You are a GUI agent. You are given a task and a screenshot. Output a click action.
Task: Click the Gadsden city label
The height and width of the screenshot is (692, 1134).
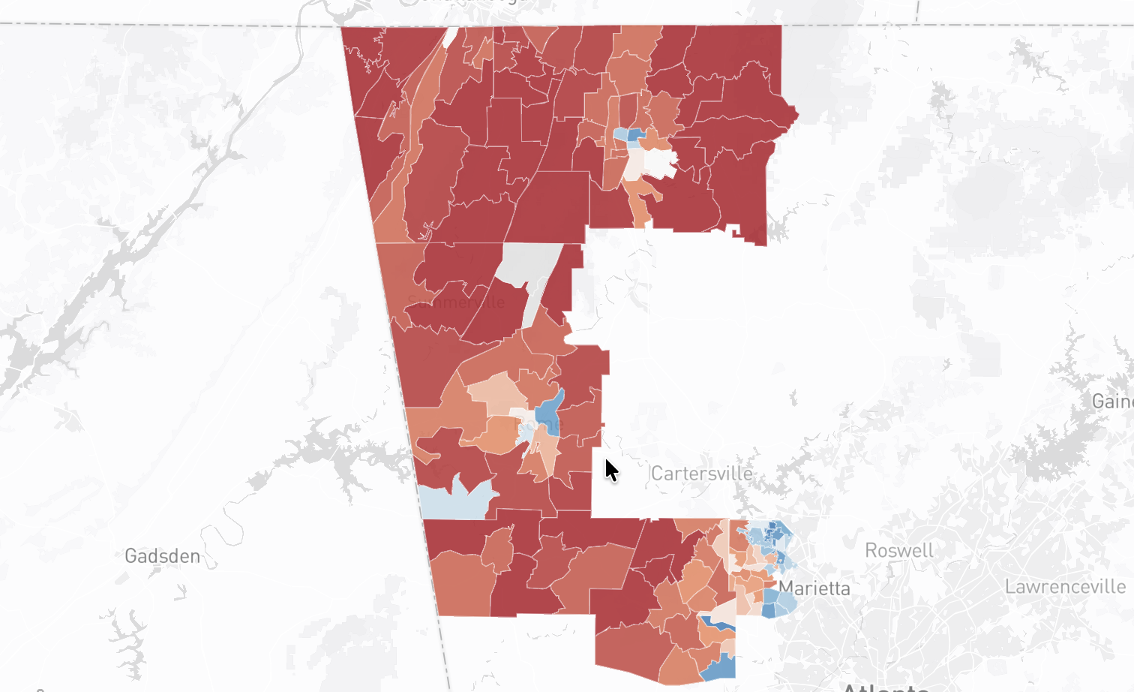pyautogui.click(x=162, y=556)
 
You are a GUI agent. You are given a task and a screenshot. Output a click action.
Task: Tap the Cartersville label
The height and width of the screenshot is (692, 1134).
pyautogui.click(x=701, y=474)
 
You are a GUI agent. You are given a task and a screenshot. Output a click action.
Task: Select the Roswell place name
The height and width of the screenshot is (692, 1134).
pyautogui.click(x=898, y=551)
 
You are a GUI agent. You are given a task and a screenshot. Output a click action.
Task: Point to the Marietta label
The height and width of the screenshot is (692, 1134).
pyautogui.click(x=814, y=588)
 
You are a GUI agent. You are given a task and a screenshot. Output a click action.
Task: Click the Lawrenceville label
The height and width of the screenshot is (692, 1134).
pyautogui.click(x=1065, y=587)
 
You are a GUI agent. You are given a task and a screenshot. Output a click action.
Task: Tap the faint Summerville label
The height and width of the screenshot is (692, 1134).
pyautogui.click(x=457, y=302)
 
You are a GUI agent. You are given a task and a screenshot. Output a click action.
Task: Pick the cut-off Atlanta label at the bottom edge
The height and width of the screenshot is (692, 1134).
pyautogui.click(x=885, y=687)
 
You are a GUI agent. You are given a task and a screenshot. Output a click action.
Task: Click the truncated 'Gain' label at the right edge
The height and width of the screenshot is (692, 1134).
pyautogui.click(x=1112, y=402)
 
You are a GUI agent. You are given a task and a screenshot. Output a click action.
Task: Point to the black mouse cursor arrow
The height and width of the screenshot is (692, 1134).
pyautogui.click(x=610, y=470)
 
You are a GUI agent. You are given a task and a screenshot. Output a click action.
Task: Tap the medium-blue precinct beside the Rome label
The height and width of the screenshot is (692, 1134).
pyautogui.click(x=548, y=410)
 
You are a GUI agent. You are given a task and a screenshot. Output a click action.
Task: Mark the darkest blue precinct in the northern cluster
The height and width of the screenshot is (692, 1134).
pyautogui.click(x=635, y=135)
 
